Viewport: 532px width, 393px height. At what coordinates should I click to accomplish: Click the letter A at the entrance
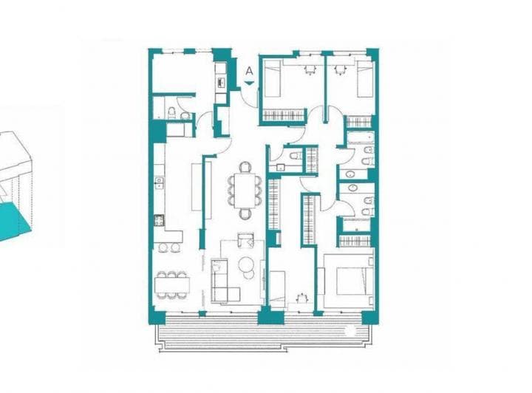(x=250, y=72)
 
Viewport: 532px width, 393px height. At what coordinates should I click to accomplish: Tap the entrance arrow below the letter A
(x=250, y=84)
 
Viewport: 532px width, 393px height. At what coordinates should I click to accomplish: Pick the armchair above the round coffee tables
(x=246, y=241)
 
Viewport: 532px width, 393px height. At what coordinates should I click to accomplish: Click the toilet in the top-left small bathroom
(x=171, y=112)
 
